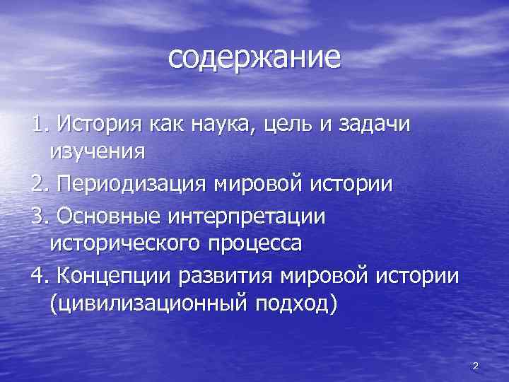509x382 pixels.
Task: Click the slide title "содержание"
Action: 254,58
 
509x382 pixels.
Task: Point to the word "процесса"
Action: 257,244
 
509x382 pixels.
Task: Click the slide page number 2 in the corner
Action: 475,366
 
